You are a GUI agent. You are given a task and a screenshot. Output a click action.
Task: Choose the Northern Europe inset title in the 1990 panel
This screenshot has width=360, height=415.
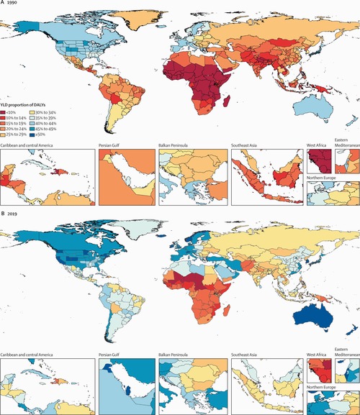(323, 178)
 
